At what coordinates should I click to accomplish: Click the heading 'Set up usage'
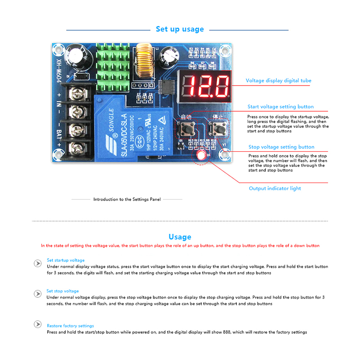180,29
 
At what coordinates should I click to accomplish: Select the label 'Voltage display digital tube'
278,81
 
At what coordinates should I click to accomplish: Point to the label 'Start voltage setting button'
280,107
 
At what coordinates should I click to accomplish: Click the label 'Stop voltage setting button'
281,147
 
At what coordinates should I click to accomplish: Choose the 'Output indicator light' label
275,188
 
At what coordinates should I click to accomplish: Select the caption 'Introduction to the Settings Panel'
127,199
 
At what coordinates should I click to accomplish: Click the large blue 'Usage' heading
180,237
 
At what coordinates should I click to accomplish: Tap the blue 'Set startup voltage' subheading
66,260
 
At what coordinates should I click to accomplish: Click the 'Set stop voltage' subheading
63,291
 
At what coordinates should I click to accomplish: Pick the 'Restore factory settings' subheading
70,326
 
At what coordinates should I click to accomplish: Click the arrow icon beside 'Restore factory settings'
38,325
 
